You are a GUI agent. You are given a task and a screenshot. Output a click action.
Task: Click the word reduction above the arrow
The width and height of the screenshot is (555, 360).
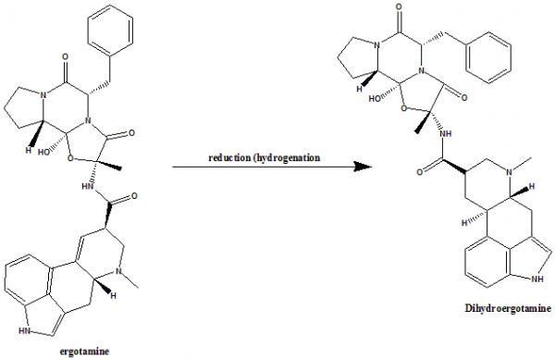tap(231, 157)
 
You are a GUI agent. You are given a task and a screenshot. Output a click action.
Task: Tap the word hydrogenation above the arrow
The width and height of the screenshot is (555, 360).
tap(286, 157)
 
